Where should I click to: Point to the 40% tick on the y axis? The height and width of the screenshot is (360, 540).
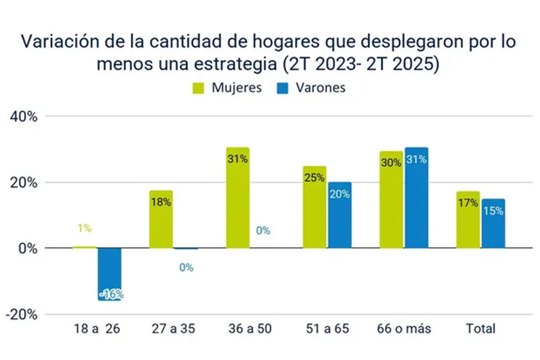click(x=24, y=116)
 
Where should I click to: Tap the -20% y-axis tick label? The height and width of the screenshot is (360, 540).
click(x=22, y=314)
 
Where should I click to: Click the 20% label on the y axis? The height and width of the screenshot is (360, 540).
click(x=24, y=182)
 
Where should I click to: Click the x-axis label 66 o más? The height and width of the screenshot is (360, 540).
click(x=404, y=329)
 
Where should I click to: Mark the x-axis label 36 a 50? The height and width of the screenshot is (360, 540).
click(x=250, y=329)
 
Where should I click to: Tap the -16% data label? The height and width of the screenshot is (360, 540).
click(x=110, y=294)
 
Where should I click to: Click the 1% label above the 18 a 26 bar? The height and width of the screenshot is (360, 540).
click(x=84, y=228)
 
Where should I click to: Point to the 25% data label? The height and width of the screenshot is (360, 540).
click(x=314, y=178)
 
